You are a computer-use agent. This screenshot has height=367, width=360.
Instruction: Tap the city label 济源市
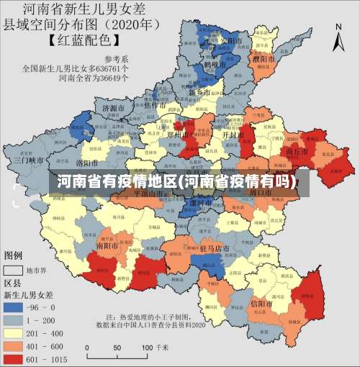[x=114, y=108]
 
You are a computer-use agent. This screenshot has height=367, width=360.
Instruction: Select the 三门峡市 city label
[x=29, y=160]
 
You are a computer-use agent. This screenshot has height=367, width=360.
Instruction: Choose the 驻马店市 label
[x=215, y=249]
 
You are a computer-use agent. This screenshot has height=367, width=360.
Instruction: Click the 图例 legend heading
[x=14, y=255]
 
